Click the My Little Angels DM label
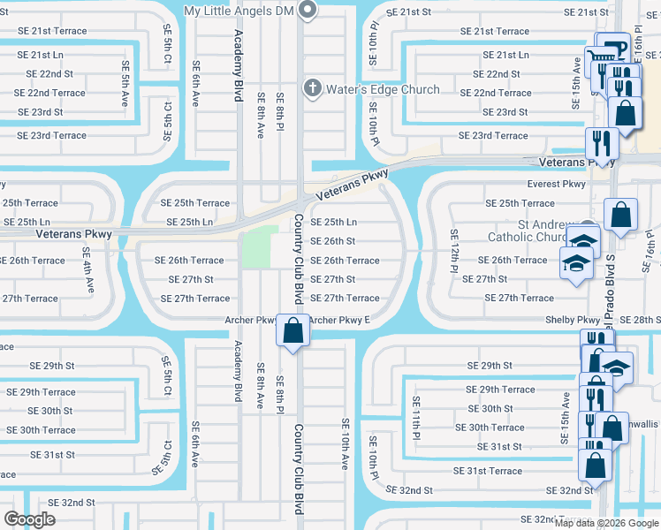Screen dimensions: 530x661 click(x=238, y=11)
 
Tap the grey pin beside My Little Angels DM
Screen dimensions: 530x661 click(x=308, y=10)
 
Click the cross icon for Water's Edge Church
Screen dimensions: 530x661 click(x=311, y=88)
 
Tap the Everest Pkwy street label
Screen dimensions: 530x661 click(x=556, y=185)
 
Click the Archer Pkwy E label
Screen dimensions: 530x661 click(x=339, y=320)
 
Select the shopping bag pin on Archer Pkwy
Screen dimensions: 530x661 click(x=293, y=330)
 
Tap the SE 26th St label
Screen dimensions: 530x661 click(x=332, y=241)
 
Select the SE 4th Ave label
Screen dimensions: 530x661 click(x=89, y=274)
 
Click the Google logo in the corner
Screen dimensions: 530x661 click(x=30, y=519)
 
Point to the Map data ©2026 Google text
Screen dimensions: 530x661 click(x=605, y=523)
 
